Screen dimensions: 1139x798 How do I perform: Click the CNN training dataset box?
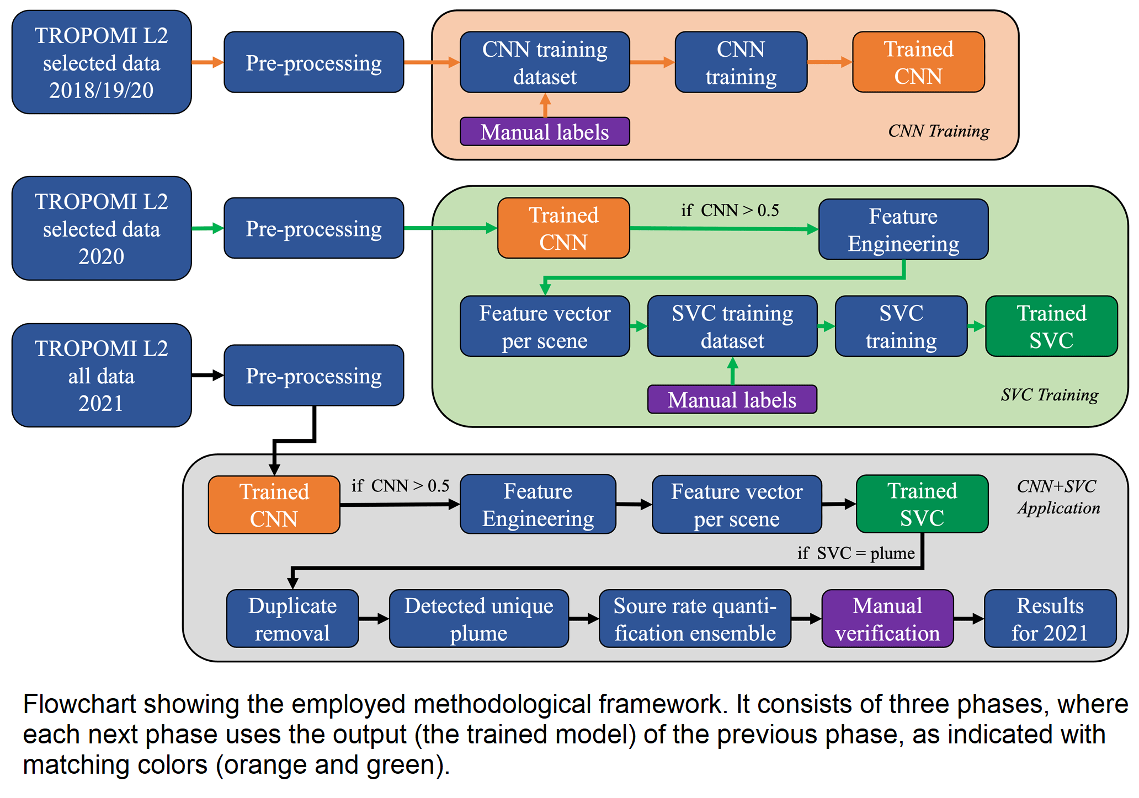[x=545, y=62]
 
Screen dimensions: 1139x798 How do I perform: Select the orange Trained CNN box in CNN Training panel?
[x=918, y=62]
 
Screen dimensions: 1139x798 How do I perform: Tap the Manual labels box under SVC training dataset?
[x=732, y=399]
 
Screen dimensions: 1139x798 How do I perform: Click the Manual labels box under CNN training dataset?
[x=545, y=131]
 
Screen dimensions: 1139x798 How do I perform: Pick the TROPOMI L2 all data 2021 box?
[x=102, y=375]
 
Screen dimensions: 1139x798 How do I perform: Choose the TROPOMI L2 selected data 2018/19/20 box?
[x=102, y=62]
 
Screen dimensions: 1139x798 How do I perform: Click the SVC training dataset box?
[x=732, y=326]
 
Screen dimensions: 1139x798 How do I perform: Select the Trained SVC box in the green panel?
[x=1051, y=326]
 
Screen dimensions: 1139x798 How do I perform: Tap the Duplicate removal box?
[x=292, y=618]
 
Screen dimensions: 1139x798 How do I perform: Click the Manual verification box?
[x=887, y=618]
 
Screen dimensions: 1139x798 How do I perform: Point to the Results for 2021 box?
[x=1050, y=618]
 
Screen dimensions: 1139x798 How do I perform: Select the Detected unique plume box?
[x=479, y=618]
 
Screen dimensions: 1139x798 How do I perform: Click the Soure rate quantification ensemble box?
[x=695, y=618]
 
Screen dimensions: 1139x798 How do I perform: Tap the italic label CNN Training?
[x=939, y=131]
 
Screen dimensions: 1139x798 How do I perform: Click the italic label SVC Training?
[x=1050, y=395]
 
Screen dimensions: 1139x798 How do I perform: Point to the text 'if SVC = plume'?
[x=856, y=553]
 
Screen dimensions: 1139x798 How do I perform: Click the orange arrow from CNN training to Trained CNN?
[x=830, y=62]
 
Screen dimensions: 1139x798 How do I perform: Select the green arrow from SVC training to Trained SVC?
[x=976, y=326]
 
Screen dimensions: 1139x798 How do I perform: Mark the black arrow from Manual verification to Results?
[x=969, y=619]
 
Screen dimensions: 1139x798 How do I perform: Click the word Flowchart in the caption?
[x=79, y=704]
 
